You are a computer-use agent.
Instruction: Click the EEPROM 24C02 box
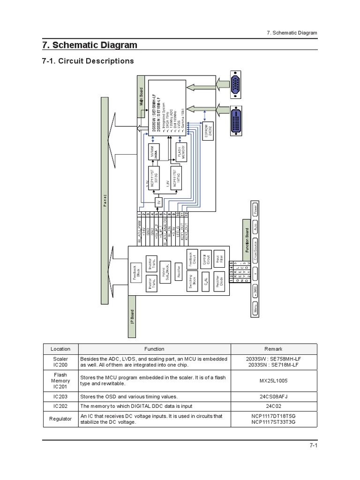point(206,130)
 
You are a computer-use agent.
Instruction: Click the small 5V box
point(158,202)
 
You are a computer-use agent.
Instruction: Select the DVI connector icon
point(238,121)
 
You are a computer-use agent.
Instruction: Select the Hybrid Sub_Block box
point(165,271)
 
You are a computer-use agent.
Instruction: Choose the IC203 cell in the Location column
point(61,396)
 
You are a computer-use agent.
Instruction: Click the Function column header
point(154,349)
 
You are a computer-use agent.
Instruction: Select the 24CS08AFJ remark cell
point(273,396)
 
